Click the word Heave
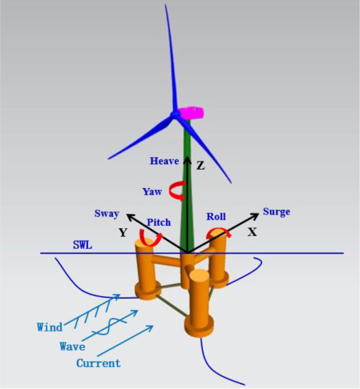tap(164, 161)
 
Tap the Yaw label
tap(152, 192)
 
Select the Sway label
tap(107, 214)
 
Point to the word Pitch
tap(159, 222)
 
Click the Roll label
tap(216, 217)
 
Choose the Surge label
tap(277, 212)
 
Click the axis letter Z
tap(201, 165)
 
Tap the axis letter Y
tap(123, 232)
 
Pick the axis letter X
tap(252, 232)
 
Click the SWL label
tap(82, 245)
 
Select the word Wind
tap(50, 327)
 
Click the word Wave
tap(72, 347)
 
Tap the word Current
tap(98, 363)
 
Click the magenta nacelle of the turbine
tap(191, 113)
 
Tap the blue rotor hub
tap(175, 114)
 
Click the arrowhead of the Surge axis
tap(255, 215)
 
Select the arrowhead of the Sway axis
tap(130, 217)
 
